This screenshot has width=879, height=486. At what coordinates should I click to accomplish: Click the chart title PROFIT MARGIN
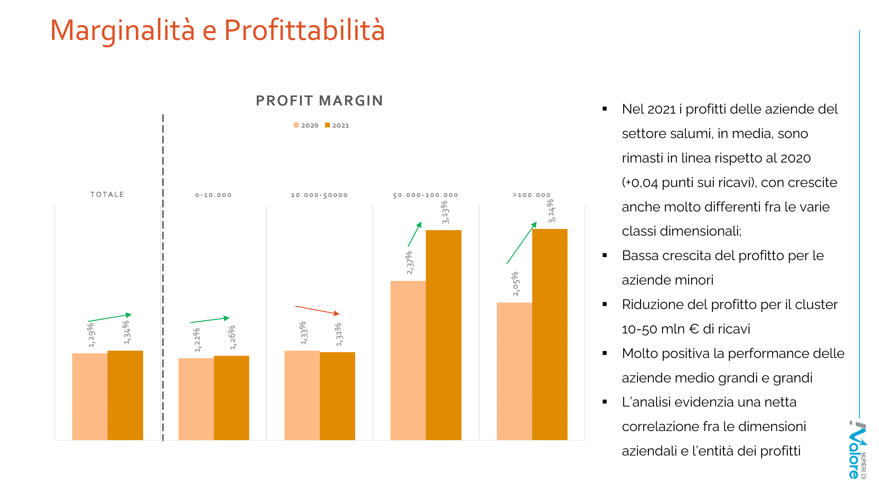point(319,101)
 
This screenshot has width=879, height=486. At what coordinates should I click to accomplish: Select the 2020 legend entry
point(306,125)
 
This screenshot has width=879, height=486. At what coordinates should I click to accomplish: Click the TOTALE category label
point(107,195)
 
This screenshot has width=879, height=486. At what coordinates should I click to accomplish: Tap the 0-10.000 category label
point(213,195)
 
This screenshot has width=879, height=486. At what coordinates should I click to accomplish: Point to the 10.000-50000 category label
point(319,195)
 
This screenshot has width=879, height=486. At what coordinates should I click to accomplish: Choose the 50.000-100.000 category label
point(425,195)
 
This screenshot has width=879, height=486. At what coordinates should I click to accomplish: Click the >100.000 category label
point(531,195)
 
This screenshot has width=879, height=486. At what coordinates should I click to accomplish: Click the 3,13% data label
point(445,212)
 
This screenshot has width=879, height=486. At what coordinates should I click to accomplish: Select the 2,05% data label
point(516,284)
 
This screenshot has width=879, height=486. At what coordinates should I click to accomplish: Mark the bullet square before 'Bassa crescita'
point(605,255)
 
